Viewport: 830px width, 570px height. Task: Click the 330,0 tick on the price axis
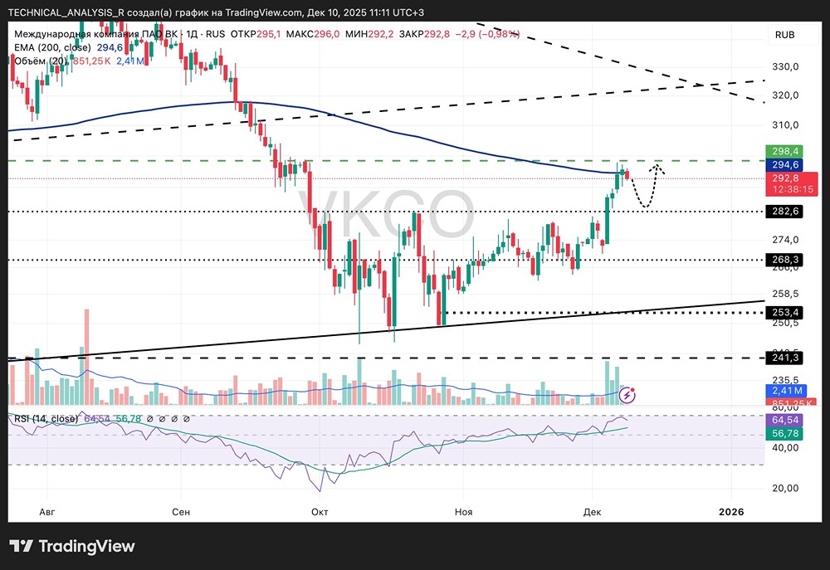(x=784, y=66)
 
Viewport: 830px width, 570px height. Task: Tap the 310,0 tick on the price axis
(x=784, y=125)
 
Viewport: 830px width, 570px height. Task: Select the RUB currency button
(x=785, y=34)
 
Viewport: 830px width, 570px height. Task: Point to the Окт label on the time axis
(x=320, y=512)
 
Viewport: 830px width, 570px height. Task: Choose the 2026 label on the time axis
(x=730, y=512)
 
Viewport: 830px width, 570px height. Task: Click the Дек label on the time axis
(x=592, y=512)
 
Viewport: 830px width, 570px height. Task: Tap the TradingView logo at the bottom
(x=72, y=547)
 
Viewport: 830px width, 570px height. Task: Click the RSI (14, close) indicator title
(x=46, y=419)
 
